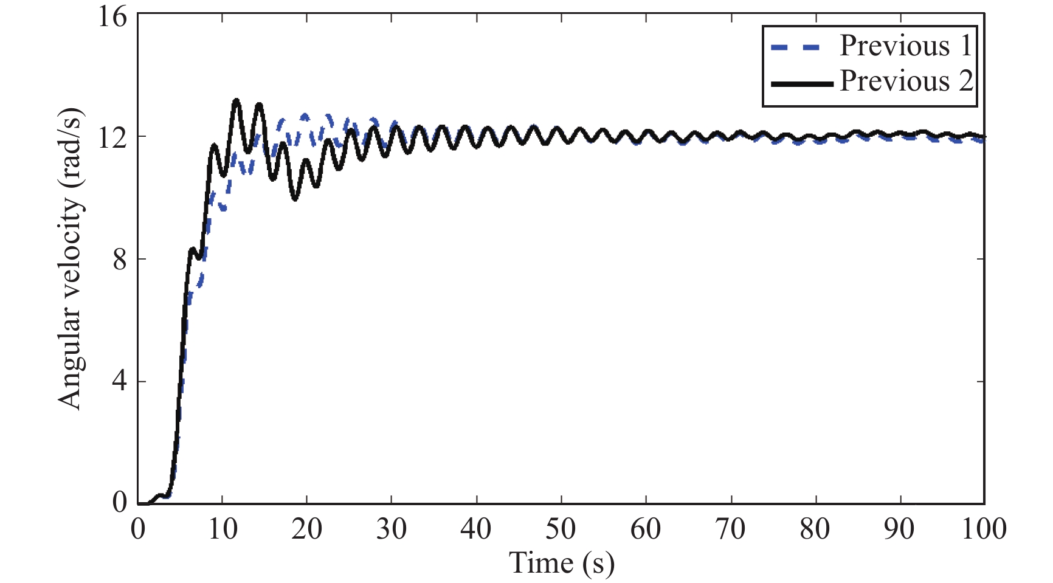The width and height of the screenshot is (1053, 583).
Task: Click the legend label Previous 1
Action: [906, 46]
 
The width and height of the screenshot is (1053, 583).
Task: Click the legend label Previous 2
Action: [906, 81]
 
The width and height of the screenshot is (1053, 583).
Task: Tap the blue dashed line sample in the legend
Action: [796, 47]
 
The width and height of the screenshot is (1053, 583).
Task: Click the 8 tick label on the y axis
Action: [120, 260]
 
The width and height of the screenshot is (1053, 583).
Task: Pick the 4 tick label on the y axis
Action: [120, 382]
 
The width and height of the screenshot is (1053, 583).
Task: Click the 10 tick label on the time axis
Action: [223, 529]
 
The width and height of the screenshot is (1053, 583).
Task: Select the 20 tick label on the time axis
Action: [307, 529]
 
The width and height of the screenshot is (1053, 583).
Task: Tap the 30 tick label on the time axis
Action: [392, 529]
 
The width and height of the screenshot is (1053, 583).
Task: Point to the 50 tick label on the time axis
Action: [561, 529]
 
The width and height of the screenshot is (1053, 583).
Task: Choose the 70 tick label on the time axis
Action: [730, 529]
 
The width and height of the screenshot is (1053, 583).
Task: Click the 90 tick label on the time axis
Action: [899, 529]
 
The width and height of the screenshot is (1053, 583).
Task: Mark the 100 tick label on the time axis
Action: [984, 529]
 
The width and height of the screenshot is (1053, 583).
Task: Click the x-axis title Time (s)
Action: [561, 563]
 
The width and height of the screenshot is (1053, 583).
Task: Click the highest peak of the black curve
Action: [236, 100]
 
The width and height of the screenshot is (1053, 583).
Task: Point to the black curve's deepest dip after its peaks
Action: [295, 199]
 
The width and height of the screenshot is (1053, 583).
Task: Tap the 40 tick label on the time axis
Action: [476, 529]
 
